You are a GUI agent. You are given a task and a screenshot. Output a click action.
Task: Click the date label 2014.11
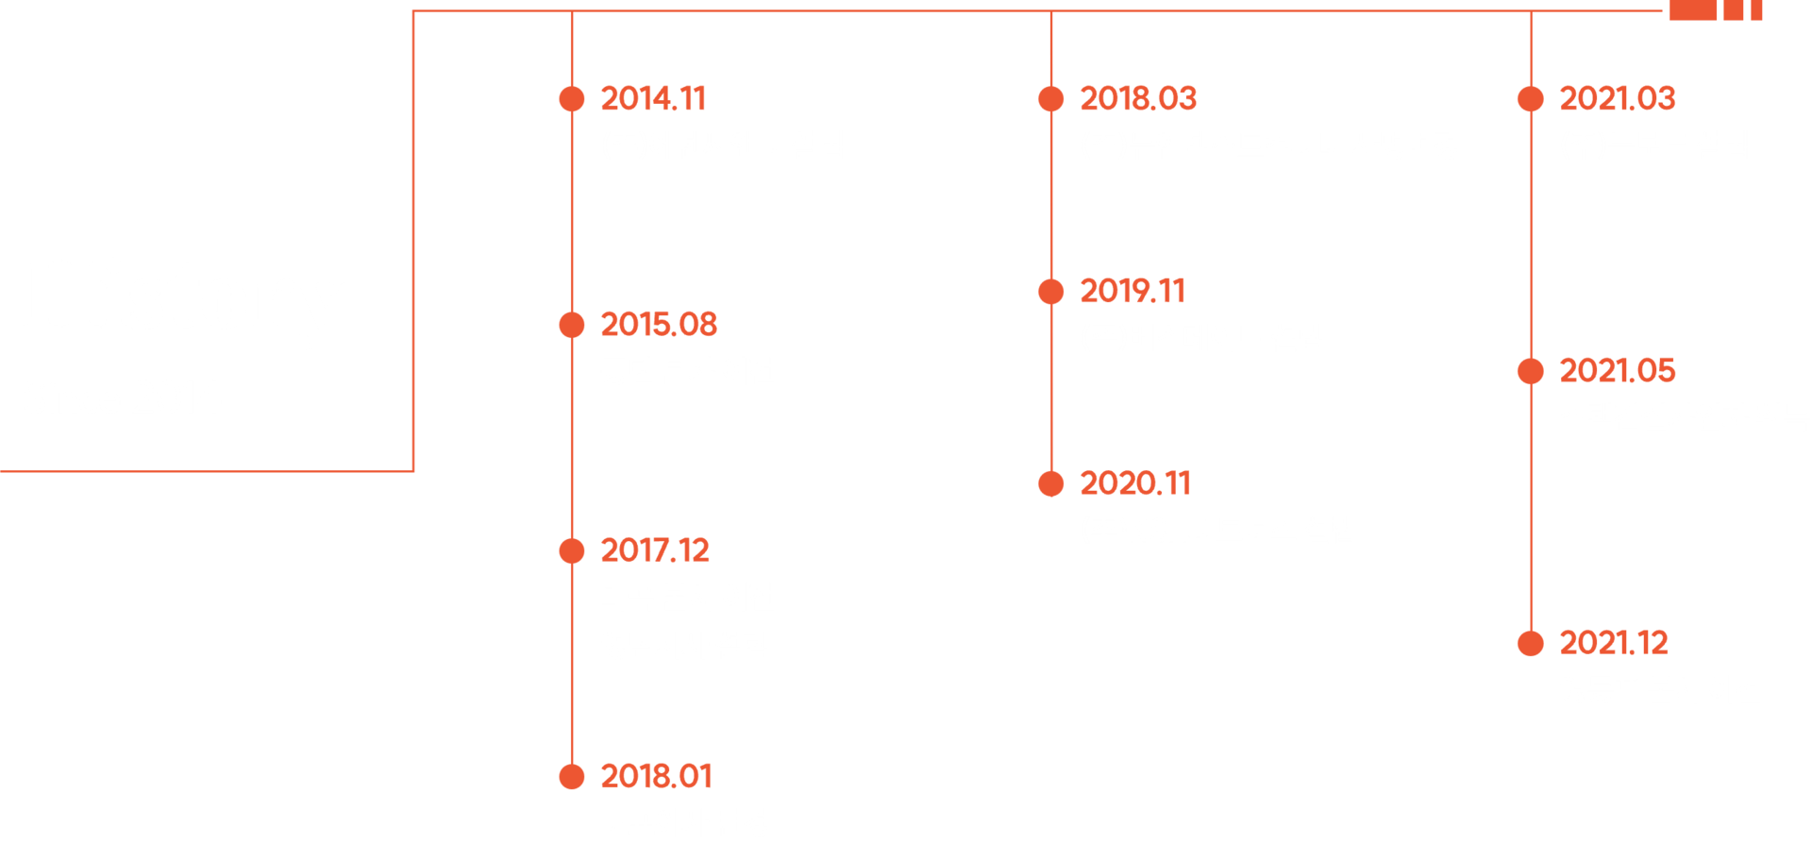point(653,99)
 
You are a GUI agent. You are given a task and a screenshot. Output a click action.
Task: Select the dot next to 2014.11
point(572,99)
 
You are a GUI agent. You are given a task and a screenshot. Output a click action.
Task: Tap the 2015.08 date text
point(659,325)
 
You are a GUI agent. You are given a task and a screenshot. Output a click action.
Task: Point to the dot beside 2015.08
point(572,325)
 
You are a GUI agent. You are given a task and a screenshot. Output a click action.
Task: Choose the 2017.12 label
point(655,550)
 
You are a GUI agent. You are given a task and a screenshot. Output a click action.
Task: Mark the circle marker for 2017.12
point(572,550)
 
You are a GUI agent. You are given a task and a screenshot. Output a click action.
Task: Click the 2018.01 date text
point(656,776)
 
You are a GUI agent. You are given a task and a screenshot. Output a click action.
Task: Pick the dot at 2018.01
point(572,776)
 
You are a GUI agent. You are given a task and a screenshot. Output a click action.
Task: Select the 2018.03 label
point(1138,99)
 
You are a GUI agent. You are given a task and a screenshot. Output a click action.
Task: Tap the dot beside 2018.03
point(1051,99)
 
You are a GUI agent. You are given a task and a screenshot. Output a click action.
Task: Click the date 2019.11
point(1132,292)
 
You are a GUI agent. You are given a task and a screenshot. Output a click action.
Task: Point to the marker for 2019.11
point(1051,292)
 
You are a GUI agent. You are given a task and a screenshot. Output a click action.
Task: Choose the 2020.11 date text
point(1135,484)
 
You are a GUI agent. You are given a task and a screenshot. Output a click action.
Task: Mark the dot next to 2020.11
point(1051,484)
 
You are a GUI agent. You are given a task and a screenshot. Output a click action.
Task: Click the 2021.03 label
point(1618,99)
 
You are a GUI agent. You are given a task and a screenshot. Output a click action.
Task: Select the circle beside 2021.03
point(1531,99)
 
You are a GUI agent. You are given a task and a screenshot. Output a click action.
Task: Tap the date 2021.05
point(1618,371)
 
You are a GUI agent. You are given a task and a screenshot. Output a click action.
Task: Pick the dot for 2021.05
point(1531,371)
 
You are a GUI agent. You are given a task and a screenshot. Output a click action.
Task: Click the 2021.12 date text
point(1614,644)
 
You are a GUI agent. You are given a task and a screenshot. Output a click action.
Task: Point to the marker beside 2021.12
point(1531,644)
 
